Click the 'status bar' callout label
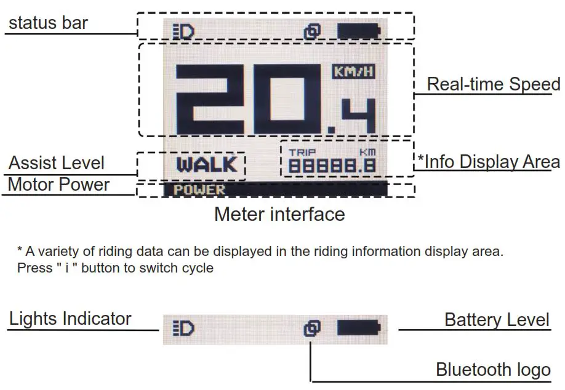tap(49, 24)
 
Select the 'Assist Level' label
tap(57, 163)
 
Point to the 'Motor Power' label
tap(58, 185)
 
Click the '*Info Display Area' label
tap(489, 162)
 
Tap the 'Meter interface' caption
tap(279, 214)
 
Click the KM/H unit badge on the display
tap(353, 71)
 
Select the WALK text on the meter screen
tap(206, 165)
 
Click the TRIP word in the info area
tap(302, 152)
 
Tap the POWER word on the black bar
tap(199, 190)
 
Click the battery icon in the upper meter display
tap(358, 31)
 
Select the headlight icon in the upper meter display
tap(183, 31)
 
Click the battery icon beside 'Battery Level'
tap(358, 327)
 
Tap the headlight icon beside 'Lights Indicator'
tap(183, 328)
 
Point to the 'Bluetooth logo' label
tap(493, 370)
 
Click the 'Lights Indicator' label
tap(70, 319)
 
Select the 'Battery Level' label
tap(497, 320)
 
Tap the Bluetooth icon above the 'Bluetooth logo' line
tap(312, 328)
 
